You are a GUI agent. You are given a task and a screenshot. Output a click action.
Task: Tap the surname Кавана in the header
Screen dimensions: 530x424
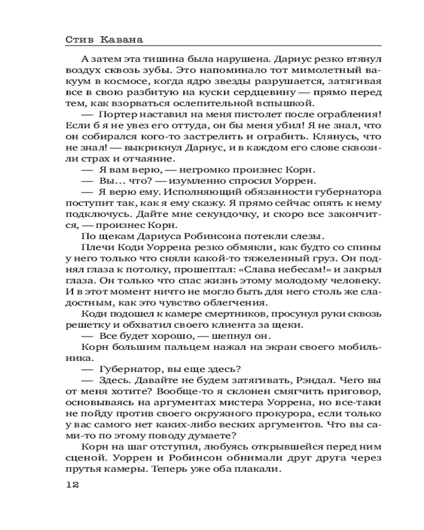click(x=123, y=39)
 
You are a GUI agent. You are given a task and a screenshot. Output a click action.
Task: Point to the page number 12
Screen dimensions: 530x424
click(x=72, y=485)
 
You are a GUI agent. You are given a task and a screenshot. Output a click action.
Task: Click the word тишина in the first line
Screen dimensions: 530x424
click(x=147, y=59)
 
